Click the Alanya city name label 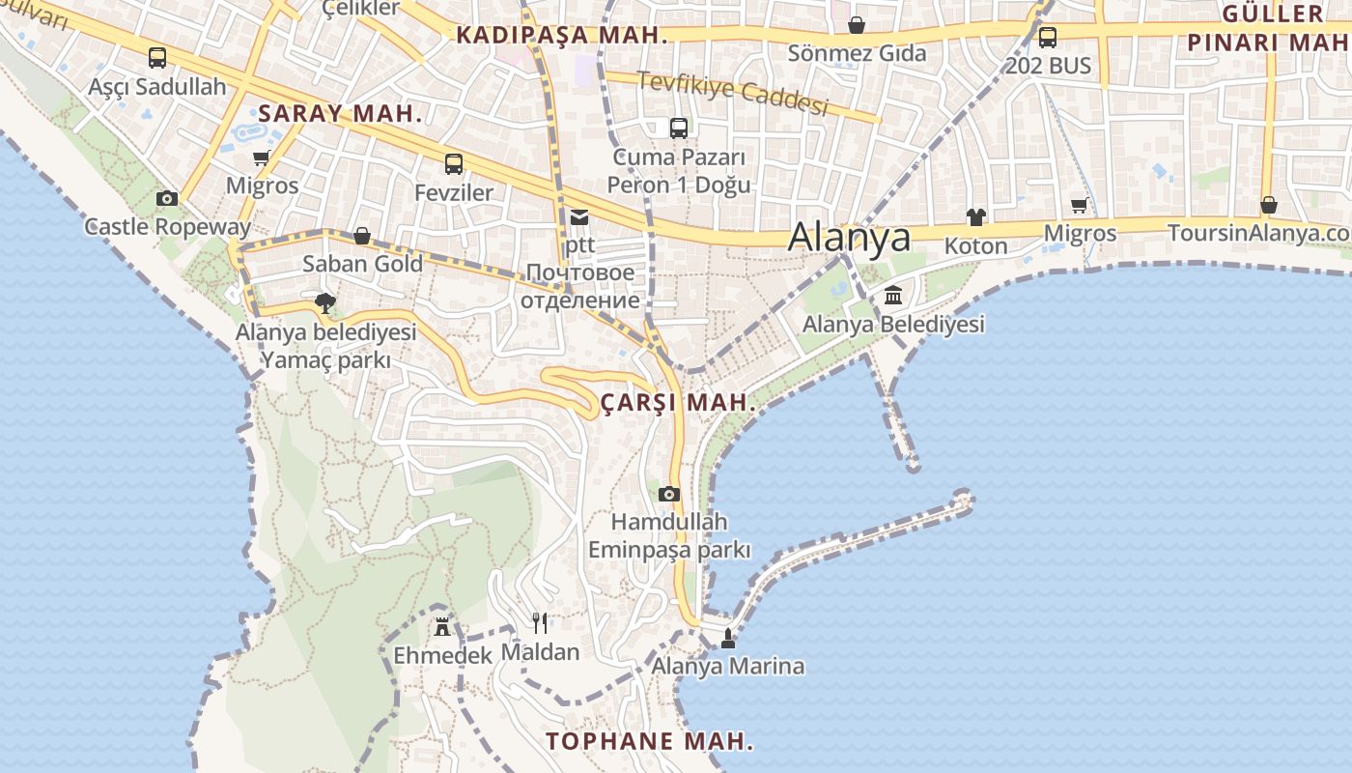point(849,237)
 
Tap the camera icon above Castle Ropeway point(167,198)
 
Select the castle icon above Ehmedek point(442,626)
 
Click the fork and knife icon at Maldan point(540,622)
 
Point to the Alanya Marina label point(727,666)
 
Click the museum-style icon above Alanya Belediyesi point(893,295)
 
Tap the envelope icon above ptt point(579,216)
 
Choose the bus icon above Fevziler point(454,164)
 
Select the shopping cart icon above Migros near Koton point(1080,205)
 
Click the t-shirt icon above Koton point(975,217)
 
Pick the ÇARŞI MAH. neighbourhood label point(678,402)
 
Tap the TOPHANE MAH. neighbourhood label point(649,741)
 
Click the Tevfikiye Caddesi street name point(732,93)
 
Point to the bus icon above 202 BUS point(1048,38)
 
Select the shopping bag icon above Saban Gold point(362,236)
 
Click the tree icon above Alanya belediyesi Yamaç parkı point(325,303)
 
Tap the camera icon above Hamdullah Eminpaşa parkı point(668,494)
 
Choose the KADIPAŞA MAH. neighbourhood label point(562,36)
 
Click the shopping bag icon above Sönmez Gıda point(857,25)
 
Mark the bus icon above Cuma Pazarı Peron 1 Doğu point(679,128)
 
